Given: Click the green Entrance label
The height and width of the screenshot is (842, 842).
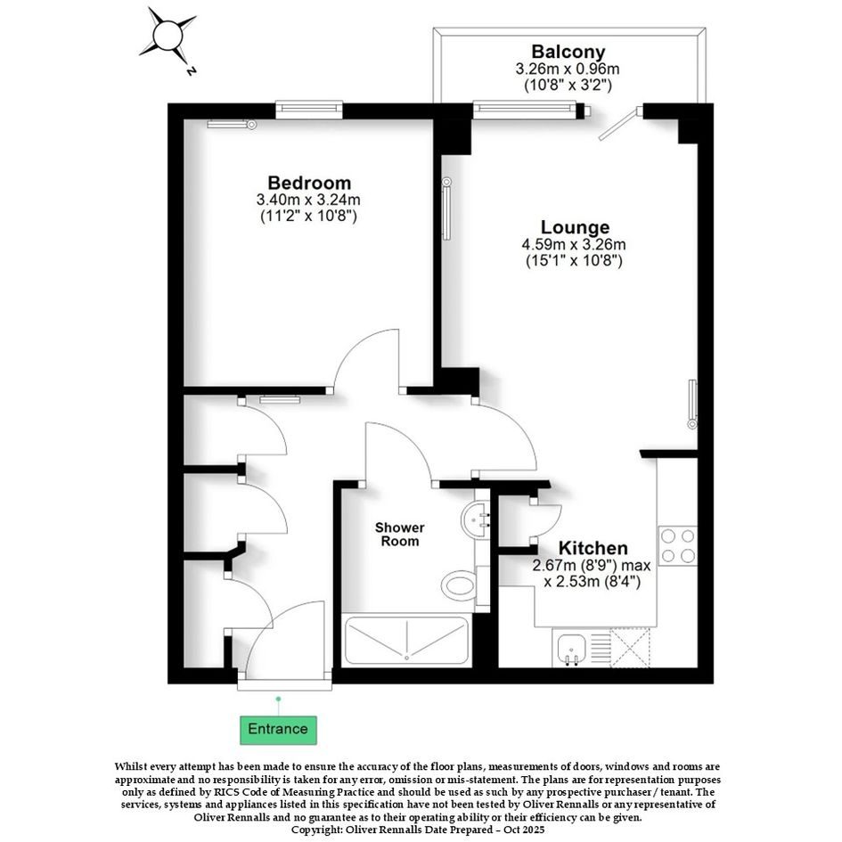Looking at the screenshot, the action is tap(278, 729).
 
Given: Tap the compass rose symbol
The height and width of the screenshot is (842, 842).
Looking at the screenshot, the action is tap(168, 36).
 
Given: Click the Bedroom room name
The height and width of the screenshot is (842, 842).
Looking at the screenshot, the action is tap(309, 183).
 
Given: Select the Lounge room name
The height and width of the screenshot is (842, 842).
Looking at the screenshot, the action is tap(575, 227).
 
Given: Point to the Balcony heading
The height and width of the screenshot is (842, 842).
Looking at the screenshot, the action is tap(568, 52).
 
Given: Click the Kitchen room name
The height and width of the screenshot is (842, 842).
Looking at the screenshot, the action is tap(593, 548).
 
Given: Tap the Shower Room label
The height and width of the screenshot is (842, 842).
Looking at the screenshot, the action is tap(399, 535).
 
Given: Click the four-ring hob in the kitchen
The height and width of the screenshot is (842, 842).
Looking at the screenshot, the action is tap(678, 545).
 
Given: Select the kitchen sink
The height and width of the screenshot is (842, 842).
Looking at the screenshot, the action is tap(571, 648).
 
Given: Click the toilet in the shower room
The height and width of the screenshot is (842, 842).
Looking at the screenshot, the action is tap(460, 584).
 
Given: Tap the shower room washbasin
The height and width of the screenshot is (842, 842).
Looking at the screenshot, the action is tap(475, 519).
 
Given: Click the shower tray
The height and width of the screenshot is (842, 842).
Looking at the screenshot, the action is tap(406, 641).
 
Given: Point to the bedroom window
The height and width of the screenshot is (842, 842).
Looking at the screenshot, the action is tap(309, 110).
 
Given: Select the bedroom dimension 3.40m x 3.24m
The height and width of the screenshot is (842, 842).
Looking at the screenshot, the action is tap(308, 200).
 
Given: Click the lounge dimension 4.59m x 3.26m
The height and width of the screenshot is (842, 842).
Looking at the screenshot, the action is tap(574, 245).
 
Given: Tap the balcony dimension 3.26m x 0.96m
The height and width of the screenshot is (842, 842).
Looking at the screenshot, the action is tap(568, 69).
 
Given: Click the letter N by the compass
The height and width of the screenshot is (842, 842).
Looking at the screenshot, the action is tap(191, 70).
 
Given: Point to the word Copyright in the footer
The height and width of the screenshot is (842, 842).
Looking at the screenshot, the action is tap(315, 830).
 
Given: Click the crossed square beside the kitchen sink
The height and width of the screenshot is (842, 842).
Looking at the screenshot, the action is tap(630, 648).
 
